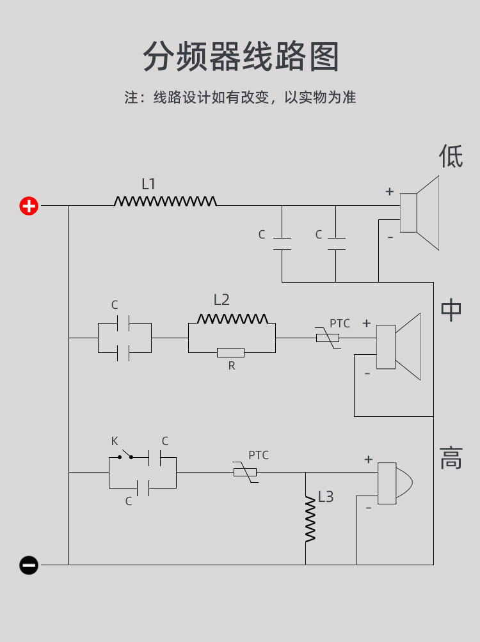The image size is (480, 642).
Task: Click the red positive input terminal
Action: (x=29, y=205)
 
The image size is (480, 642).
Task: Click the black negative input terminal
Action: (x=29, y=565)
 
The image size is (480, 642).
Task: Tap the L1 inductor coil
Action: (x=165, y=201)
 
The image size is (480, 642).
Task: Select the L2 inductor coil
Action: (x=232, y=318)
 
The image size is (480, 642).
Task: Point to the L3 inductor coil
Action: (x=310, y=519)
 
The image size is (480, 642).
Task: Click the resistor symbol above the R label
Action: (x=231, y=352)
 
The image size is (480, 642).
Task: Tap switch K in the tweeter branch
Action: (x=125, y=455)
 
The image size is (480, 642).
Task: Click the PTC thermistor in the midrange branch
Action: (x=328, y=338)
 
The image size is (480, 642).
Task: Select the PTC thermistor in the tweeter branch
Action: (x=245, y=472)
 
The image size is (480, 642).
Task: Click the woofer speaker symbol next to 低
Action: (x=419, y=213)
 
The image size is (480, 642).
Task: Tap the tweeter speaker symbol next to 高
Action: (x=395, y=483)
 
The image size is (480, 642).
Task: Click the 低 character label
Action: (x=451, y=156)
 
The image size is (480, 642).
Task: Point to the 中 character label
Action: (x=451, y=309)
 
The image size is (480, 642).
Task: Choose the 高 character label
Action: (x=451, y=458)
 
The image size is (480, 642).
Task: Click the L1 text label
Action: (x=148, y=184)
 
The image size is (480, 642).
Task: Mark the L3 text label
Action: (x=326, y=497)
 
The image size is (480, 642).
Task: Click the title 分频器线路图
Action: (x=241, y=56)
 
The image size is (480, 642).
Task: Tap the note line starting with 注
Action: (x=240, y=97)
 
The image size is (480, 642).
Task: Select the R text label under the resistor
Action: (x=232, y=366)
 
